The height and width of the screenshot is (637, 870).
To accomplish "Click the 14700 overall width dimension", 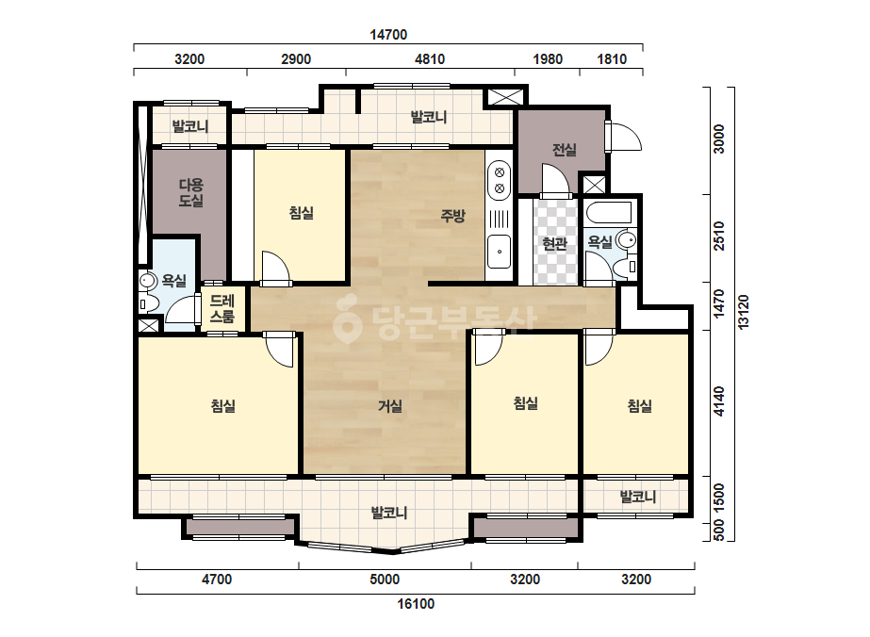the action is [x=388, y=35].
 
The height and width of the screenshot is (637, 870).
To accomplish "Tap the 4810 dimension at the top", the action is [x=430, y=58].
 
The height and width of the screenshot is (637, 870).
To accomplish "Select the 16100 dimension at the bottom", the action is [x=416, y=604].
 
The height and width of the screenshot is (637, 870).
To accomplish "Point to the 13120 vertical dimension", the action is [x=744, y=312].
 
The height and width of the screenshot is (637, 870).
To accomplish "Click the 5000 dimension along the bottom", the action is [x=385, y=580].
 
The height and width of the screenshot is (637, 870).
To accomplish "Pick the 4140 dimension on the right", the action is [x=719, y=401].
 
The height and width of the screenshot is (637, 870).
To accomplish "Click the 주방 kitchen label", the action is [x=452, y=215].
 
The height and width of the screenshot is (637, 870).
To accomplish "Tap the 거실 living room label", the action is [x=390, y=406].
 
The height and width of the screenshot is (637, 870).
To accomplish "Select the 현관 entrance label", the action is [x=554, y=243].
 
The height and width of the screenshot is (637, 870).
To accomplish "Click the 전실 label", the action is [x=565, y=149].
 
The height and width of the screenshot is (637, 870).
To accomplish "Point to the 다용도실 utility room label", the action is [x=190, y=192].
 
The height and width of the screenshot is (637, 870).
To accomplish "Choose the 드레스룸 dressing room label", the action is [x=222, y=308].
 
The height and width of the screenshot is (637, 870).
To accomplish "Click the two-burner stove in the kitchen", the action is [x=499, y=180].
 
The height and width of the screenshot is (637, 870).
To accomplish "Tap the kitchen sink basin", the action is [x=499, y=252].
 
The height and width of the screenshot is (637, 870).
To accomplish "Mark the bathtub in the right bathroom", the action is [x=608, y=213].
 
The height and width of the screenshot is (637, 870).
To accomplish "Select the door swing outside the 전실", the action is [x=625, y=136].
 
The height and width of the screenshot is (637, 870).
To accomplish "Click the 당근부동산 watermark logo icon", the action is [x=347, y=319].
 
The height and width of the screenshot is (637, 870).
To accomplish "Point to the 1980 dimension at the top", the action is [x=548, y=58].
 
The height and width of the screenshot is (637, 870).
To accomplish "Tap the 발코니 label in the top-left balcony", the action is [x=190, y=126].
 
